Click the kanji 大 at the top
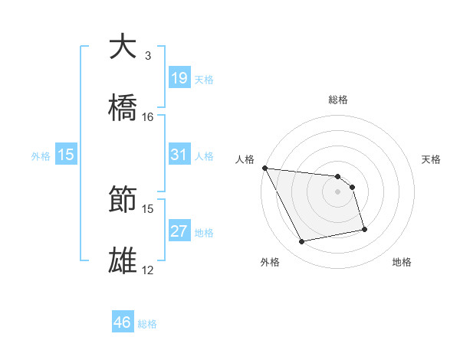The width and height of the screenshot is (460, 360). click(x=123, y=47)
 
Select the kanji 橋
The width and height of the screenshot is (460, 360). click(x=123, y=109)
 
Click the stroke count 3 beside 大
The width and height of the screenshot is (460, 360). click(x=148, y=56)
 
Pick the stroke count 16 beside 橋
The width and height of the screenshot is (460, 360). click(x=148, y=117)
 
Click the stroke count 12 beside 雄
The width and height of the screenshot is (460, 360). click(x=148, y=270)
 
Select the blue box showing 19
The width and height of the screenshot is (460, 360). click(x=179, y=78)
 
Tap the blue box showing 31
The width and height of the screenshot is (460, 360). click(x=179, y=155)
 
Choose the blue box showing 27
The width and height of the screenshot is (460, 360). click(x=179, y=231)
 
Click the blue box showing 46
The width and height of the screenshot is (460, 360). click(x=122, y=323)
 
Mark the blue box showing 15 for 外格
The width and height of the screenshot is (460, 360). click(x=66, y=155)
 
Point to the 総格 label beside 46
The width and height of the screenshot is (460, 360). click(x=147, y=325)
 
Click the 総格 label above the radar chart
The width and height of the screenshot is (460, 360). click(x=338, y=100)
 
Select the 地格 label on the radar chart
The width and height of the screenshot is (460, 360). click(x=402, y=262)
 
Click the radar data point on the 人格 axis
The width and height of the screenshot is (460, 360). click(x=264, y=168)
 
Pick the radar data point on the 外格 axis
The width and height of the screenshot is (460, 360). click(x=302, y=242)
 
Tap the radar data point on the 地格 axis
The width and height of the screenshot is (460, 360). click(x=364, y=229)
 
